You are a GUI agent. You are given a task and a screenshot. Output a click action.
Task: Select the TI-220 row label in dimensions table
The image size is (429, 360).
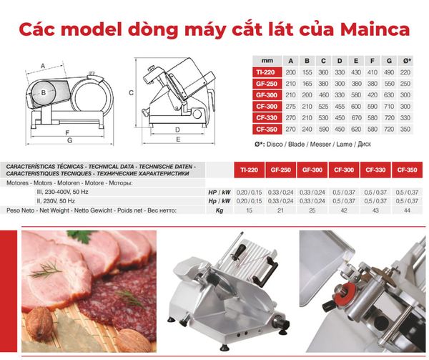[x=265, y=73]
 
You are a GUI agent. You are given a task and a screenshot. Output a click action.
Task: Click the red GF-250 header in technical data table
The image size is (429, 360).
[x=280, y=171]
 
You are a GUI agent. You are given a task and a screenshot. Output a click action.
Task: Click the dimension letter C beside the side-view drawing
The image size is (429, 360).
[x=132, y=93]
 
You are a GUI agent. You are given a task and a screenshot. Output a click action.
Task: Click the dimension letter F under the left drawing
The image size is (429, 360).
[x=66, y=133]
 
